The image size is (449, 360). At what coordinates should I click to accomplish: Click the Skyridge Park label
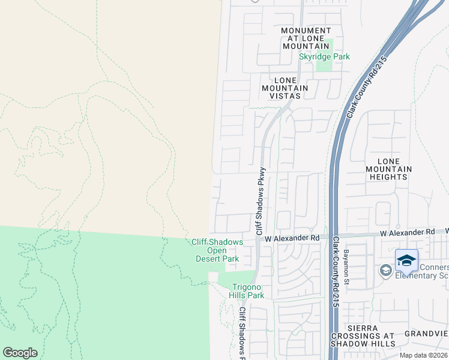point(324,57)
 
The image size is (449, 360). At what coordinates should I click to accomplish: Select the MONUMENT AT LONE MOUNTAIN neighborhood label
point(306,38)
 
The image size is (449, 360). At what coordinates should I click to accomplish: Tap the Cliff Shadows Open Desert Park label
point(217,251)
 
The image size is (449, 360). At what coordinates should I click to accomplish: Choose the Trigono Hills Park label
point(246,291)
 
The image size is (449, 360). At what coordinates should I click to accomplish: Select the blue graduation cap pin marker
point(406,261)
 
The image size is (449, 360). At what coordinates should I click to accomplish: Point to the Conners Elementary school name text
point(420,271)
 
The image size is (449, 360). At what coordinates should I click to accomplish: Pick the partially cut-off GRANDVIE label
point(426,333)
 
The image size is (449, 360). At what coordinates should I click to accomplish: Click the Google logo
point(20,353)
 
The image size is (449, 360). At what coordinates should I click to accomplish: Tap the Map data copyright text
point(423,355)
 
